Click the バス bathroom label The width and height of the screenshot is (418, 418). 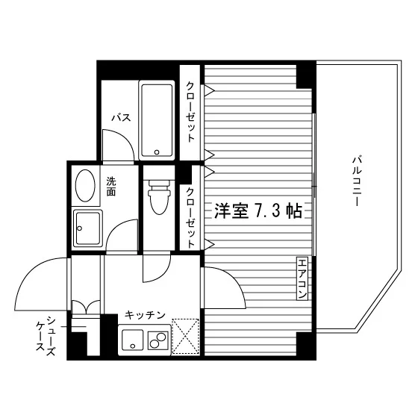[121, 117]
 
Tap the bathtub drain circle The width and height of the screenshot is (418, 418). [157, 152]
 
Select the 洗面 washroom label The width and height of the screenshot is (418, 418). [111, 187]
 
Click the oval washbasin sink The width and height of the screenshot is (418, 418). [85, 186]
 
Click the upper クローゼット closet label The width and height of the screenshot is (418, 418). [190, 112]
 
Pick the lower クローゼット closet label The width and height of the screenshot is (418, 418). [190, 218]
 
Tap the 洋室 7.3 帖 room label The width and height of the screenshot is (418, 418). [258, 210]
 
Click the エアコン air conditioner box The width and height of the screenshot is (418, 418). [302, 278]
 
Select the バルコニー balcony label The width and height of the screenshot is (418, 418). [357, 182]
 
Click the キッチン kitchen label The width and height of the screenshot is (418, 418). [146, 315]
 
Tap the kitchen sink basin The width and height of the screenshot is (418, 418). [133, 340]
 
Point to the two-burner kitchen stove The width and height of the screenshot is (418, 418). [158, 340]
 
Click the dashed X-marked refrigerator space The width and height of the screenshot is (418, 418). [186, 337]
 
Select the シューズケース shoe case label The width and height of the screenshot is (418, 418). [46, 336]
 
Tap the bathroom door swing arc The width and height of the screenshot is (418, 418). [123, 138]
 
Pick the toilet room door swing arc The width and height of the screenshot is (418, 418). [163, 276]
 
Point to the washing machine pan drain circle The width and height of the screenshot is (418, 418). [79, 228]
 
